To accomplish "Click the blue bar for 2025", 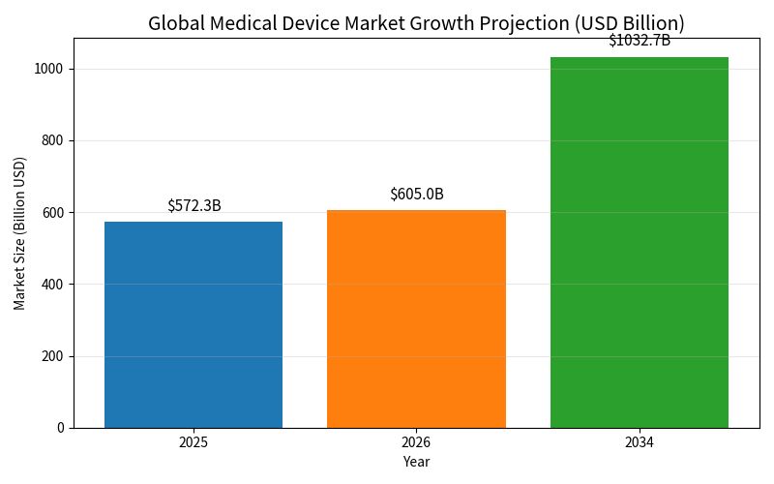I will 193,324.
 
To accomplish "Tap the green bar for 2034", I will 640,242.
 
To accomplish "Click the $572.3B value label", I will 194,205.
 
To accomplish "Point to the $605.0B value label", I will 417,194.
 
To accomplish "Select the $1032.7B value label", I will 640,41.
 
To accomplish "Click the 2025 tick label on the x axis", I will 193,441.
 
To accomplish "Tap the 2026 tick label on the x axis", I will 416,441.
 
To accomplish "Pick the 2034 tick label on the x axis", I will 640,441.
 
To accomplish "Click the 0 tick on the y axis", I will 60,428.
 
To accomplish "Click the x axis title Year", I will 416,462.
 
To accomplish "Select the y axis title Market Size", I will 20,233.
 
